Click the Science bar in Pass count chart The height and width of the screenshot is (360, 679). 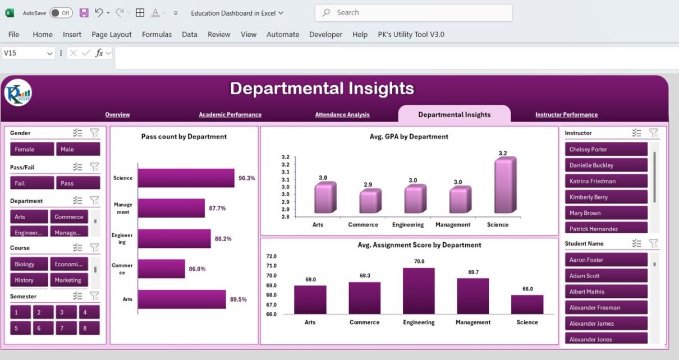(186, 178)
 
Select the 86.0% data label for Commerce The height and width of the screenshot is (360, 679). (197, 269)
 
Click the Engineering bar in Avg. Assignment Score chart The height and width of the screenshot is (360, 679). (419, 290)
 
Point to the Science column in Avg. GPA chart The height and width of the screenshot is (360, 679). (503, 186)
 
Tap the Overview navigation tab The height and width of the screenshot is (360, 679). (117, 115)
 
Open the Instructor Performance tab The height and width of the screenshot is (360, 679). (566, 115)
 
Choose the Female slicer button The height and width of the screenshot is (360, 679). (32, 149)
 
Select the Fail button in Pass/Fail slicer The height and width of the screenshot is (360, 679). (32, 183)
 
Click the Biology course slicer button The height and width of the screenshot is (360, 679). (29, 264)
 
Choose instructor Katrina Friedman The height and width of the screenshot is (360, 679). (605, 181)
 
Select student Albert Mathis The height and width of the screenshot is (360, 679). (605, 292)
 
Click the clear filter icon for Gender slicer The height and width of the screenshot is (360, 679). (94, 133)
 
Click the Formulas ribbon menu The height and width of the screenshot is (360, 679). (157, 34)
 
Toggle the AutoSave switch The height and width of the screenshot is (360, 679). (61, 13)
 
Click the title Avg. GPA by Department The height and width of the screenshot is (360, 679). (409, 136)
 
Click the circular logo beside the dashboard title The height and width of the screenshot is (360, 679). (18, 93)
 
